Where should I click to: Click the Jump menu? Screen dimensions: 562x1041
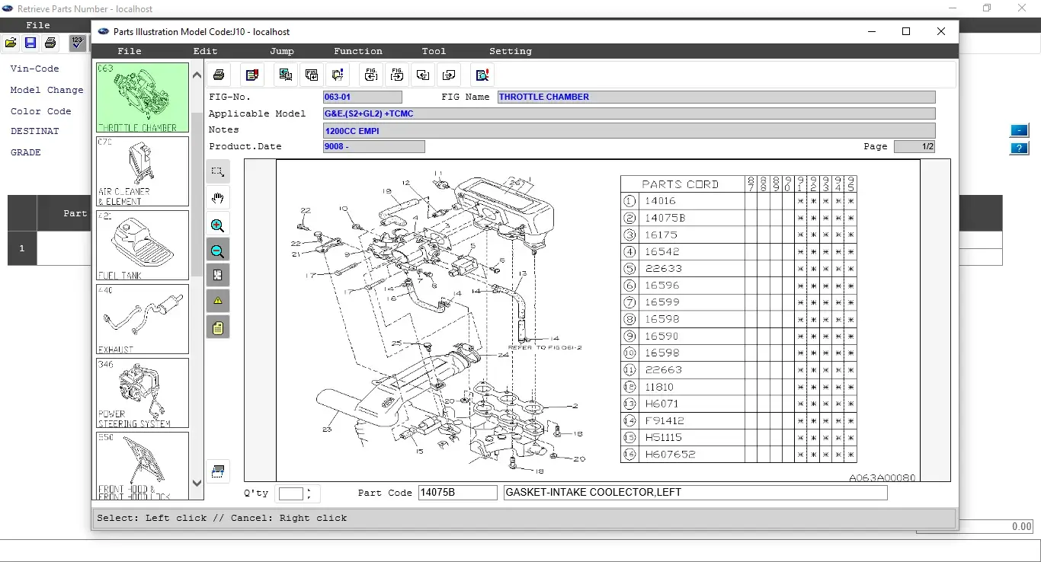[281, 51]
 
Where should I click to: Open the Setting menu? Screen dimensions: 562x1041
[510, 51]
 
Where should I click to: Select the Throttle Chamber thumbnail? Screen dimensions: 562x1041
[143, 98]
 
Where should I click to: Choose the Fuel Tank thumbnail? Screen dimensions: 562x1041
[143, 244]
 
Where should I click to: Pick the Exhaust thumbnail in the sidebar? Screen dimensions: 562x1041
[143, 319]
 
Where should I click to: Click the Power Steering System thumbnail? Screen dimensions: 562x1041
[143, 393]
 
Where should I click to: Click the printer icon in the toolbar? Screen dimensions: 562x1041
[219, 75]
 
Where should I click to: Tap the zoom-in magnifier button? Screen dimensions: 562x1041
[218, 225]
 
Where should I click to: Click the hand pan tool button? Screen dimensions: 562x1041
[218, 199]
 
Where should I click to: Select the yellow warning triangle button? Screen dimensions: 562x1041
[218, 301]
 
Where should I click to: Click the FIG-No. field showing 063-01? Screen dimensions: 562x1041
[362, 97]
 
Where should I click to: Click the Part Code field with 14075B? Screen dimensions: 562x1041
[457, 493]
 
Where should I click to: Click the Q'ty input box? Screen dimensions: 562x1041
[291, 493]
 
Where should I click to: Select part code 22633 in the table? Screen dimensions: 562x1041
[663, 269]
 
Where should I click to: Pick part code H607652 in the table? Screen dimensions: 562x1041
[669, 455]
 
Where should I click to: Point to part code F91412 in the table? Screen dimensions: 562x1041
[665, 420]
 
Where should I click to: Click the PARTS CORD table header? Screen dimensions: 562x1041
[680, 184]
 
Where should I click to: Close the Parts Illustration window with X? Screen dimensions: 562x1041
[941, 31]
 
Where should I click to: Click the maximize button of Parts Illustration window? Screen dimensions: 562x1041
[906, 31]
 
